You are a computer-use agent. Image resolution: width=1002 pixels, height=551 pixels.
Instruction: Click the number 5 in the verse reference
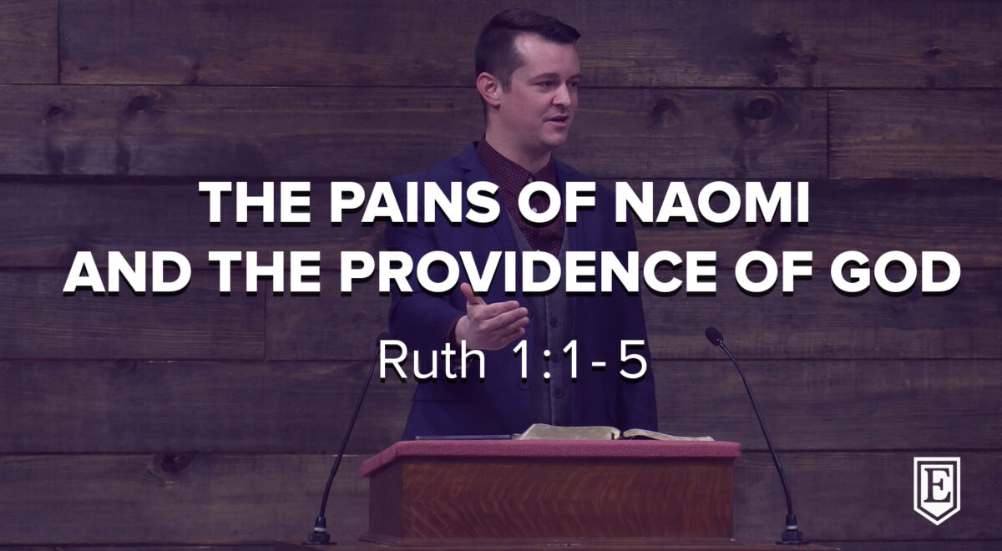[634, 361]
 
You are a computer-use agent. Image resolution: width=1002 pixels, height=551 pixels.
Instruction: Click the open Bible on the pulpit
[613, 432]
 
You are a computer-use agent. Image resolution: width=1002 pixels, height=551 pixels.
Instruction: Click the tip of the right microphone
[712, 335]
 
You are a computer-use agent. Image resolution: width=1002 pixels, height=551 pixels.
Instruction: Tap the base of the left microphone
[319, 533]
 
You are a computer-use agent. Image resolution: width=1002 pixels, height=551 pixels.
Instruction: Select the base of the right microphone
[791, 533]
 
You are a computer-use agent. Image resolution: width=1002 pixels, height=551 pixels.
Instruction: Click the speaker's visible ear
[488, 88]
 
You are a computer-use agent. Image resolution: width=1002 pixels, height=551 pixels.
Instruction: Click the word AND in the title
[127, 271]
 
